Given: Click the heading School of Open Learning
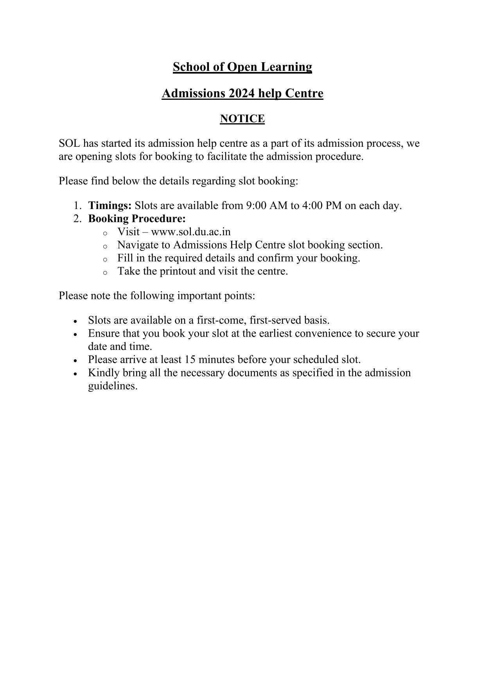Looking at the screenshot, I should click(x=242, y=67).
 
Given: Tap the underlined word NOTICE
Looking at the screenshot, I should click(x=242, y=119).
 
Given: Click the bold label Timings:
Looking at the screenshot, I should click(x=110, y=206).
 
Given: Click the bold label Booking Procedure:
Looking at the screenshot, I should click(x=137, y=219).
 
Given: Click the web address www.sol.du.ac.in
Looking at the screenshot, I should click(x=190, y=232).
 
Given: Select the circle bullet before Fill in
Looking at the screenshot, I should click(x=105, y=259).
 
